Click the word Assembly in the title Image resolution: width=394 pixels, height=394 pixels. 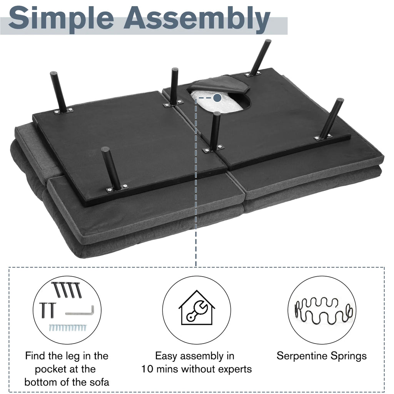coord(197,19)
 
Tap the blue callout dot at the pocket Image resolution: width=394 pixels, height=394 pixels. coord(217,98)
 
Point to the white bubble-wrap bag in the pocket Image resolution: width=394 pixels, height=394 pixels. coord(217,101)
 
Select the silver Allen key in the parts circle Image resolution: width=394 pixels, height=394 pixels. coord(80,311)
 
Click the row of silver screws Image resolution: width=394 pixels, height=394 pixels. coord(68,327)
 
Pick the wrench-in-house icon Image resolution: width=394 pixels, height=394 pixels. coord(197,307)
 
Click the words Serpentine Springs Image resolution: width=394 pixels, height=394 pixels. coord(322,356)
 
